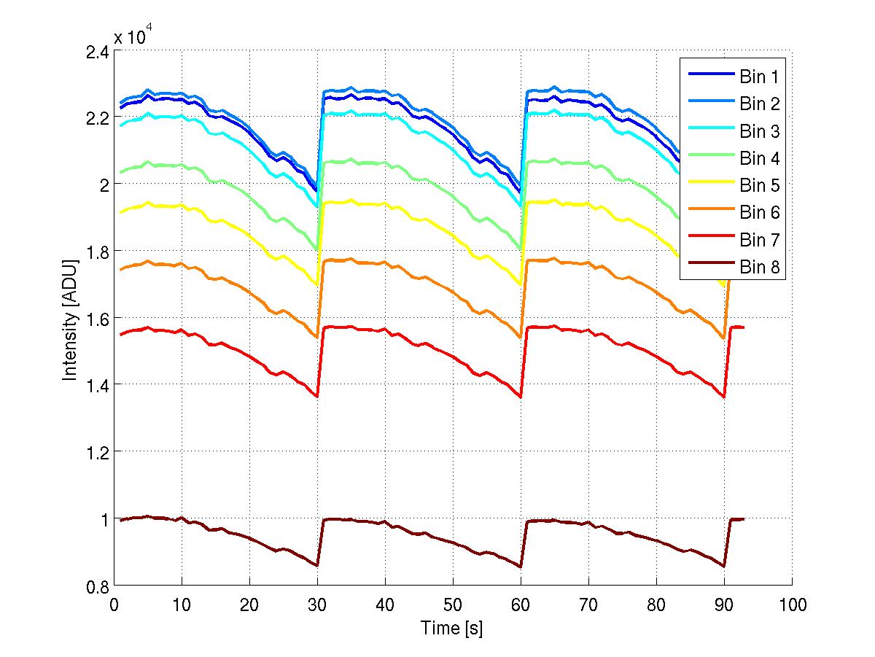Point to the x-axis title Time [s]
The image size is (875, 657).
click(x=452, y=628)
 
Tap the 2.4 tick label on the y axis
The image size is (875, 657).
click(x=98, y=52)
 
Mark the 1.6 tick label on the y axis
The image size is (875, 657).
click(x=98, y=319)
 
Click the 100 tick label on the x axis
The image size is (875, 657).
click(x=792, y=604)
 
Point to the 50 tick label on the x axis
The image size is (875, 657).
click(x=453, y=604)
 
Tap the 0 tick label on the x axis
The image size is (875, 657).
click(x=114, y=604)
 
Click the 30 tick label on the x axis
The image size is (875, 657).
click(x=317, y=604)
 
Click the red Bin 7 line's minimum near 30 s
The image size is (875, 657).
click(x=317, y=397)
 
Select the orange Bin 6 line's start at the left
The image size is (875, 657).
click(x=121, y=269)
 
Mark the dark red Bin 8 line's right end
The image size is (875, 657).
click(x=744, y=518)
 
